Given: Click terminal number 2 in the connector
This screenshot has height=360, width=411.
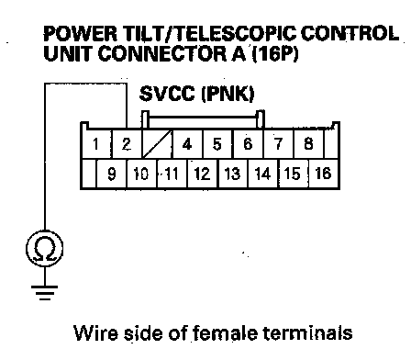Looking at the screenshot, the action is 127,144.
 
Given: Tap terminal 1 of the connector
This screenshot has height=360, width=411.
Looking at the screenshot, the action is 97,144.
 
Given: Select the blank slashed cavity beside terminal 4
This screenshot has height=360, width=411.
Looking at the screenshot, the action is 157,144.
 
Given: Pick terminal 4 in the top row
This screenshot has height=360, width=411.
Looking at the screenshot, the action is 187,144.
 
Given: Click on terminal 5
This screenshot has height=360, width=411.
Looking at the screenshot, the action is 217,144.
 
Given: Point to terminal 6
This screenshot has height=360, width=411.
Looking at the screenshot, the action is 248,144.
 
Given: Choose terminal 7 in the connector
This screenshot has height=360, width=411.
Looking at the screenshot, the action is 278,144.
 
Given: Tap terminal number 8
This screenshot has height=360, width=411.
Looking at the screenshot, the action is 308,144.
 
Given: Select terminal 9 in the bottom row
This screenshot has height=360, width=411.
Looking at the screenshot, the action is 112,174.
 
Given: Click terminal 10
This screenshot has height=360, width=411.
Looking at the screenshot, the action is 141,174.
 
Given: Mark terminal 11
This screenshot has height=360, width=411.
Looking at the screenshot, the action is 172,174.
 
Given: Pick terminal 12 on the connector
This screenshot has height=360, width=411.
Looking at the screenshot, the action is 203,174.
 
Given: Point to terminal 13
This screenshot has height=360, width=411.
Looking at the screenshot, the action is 233,174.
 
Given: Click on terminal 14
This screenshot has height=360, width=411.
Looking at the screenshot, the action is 263,174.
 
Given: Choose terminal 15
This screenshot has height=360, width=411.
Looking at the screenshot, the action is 293,174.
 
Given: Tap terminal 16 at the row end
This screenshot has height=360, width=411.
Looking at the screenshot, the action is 323,174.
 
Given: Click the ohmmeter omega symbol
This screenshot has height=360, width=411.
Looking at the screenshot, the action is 45,249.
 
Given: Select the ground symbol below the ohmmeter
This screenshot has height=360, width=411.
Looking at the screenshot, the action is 45,293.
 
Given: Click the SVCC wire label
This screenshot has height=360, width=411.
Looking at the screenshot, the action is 196,94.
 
